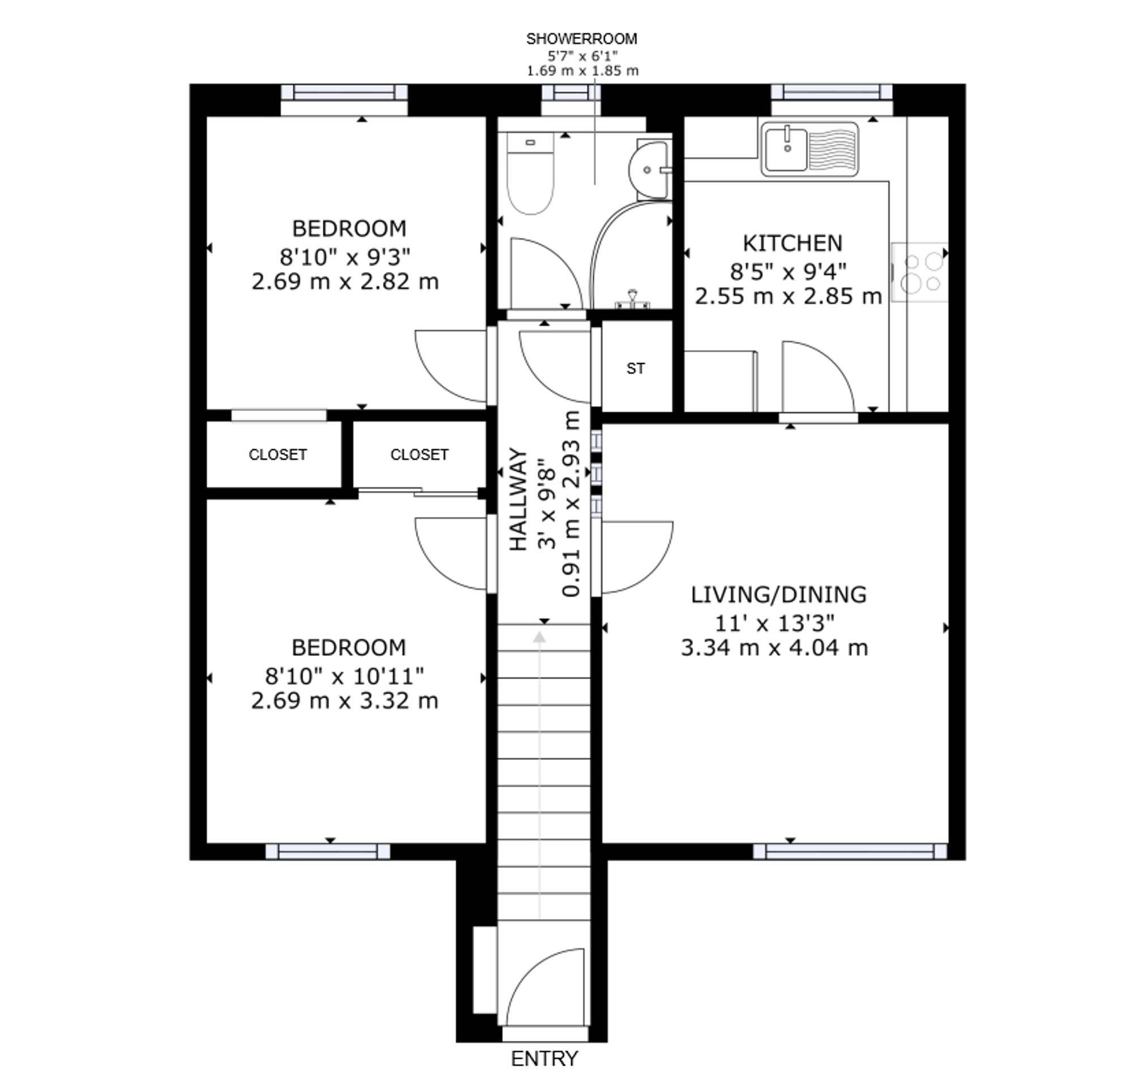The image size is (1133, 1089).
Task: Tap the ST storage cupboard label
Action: click(635, 369)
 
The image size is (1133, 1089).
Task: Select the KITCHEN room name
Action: click(792, 243)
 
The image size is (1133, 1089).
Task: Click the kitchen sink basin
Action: click(787, 149)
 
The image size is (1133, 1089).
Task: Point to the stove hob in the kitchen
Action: click(920, 272)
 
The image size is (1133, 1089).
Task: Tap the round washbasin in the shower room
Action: click(650, 170)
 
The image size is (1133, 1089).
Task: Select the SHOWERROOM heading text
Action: click(582, 39)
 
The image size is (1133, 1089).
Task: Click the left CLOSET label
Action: click(278, 455)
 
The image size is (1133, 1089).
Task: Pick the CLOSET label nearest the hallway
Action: click(419, 455)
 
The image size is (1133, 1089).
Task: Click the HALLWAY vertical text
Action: click(518, 499)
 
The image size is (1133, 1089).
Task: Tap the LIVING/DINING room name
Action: click(778, 595)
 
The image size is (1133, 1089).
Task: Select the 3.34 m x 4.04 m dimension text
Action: click(774, 648)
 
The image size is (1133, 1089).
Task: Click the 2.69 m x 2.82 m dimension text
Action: click(345, 281)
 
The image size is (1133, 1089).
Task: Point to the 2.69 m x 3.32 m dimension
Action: click(344, 701)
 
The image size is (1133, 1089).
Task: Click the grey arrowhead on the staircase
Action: click(539, 637)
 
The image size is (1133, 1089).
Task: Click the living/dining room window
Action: click(850, 851)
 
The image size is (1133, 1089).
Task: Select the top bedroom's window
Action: click(344, 92)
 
